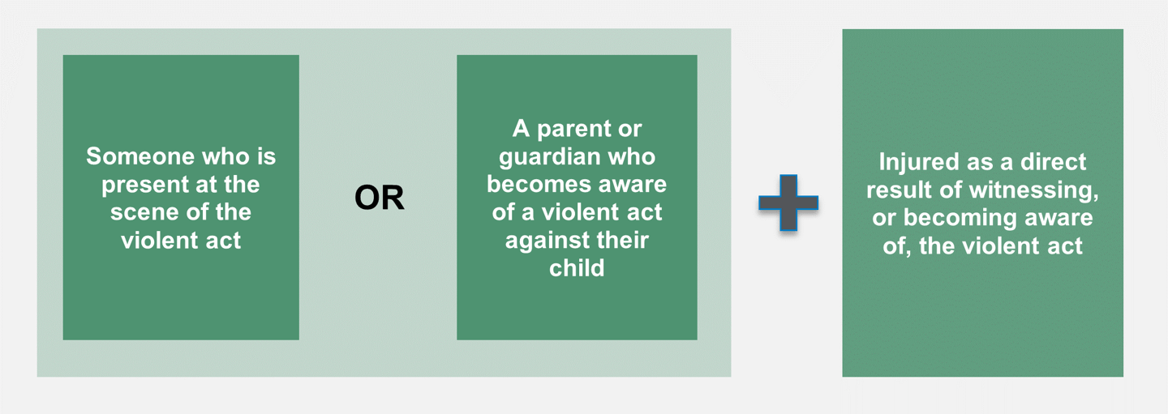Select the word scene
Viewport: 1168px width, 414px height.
coord(139,212)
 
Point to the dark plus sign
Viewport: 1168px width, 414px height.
coord(788,202)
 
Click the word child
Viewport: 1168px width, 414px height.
coord(577,267)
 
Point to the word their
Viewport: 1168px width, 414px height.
coord(623,240)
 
